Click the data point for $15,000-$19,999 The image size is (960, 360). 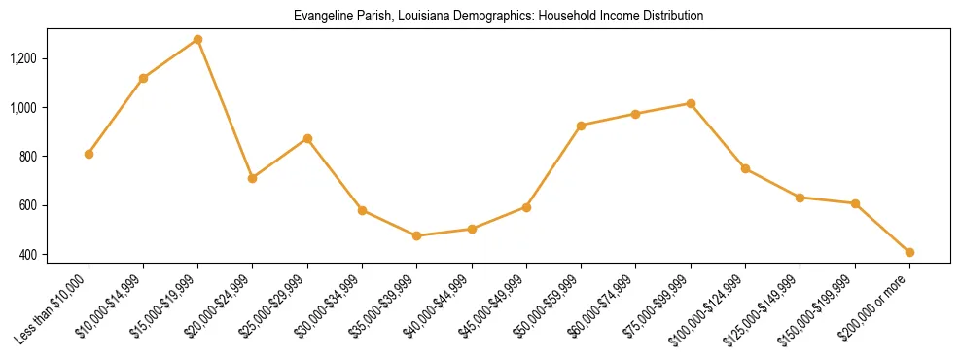pyautogui.click(x=197, y=40)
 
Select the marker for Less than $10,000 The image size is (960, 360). pyautogui.click(x=89, y=154)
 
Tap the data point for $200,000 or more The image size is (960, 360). pyautogui.click(x=909, y=252)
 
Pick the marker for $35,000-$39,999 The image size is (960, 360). pyautogui.click(x=416, y=235)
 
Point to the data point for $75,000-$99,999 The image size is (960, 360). pyautogui.click(x=691, y=103)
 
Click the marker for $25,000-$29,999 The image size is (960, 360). pyautogui.click(x=307, y=138)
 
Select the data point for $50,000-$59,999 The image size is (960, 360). pyautogui.click(x=581, y=126)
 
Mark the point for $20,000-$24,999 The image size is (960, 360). pyautogui.click(x=252, y=178)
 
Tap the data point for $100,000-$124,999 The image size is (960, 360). pyautogui.click(x=745, y=168)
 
